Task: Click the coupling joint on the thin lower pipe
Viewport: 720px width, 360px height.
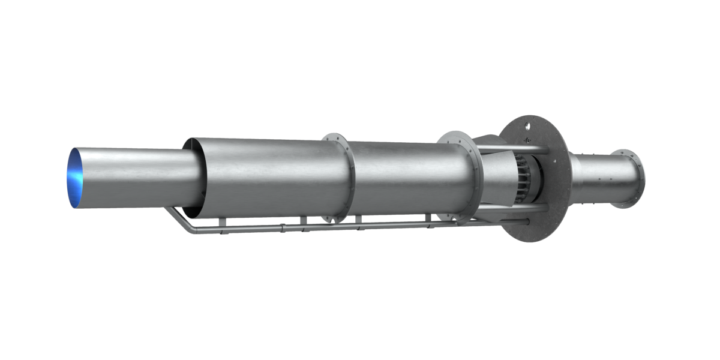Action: [282, 227]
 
